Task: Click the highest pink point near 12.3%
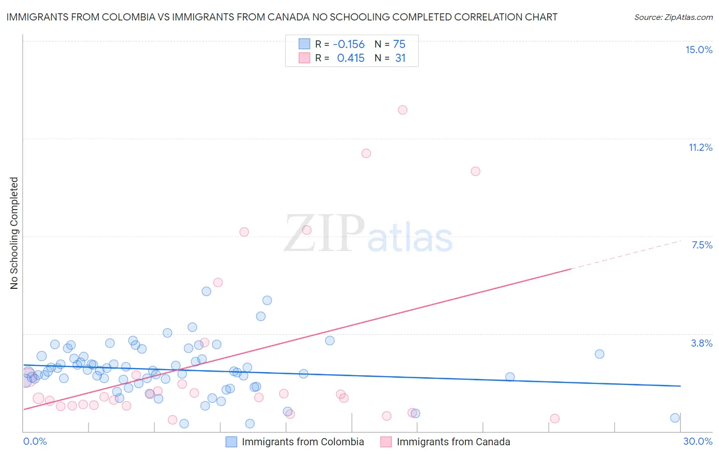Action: (402, 110)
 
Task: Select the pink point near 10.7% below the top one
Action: (366, 153)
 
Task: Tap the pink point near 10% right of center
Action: (476, 171)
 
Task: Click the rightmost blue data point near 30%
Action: (675, 418)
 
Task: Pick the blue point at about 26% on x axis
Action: (599, 354)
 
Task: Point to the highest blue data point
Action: (207, 291)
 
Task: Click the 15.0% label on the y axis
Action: (699, 50)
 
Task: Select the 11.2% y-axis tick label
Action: (700, 147)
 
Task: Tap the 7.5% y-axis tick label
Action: (702, 245)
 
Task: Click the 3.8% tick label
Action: (702, 343)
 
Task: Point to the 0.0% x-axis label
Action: (35, 441)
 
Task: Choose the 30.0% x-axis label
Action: (698, 441)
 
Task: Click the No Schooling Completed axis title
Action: (14, 233)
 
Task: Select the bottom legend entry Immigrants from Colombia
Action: (303, 442)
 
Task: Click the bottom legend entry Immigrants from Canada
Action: (453, 442)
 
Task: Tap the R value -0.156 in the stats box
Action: (349, 44)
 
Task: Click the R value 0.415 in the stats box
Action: (351, 58)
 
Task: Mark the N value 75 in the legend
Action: (399, 44)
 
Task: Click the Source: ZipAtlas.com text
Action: (673, 17)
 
